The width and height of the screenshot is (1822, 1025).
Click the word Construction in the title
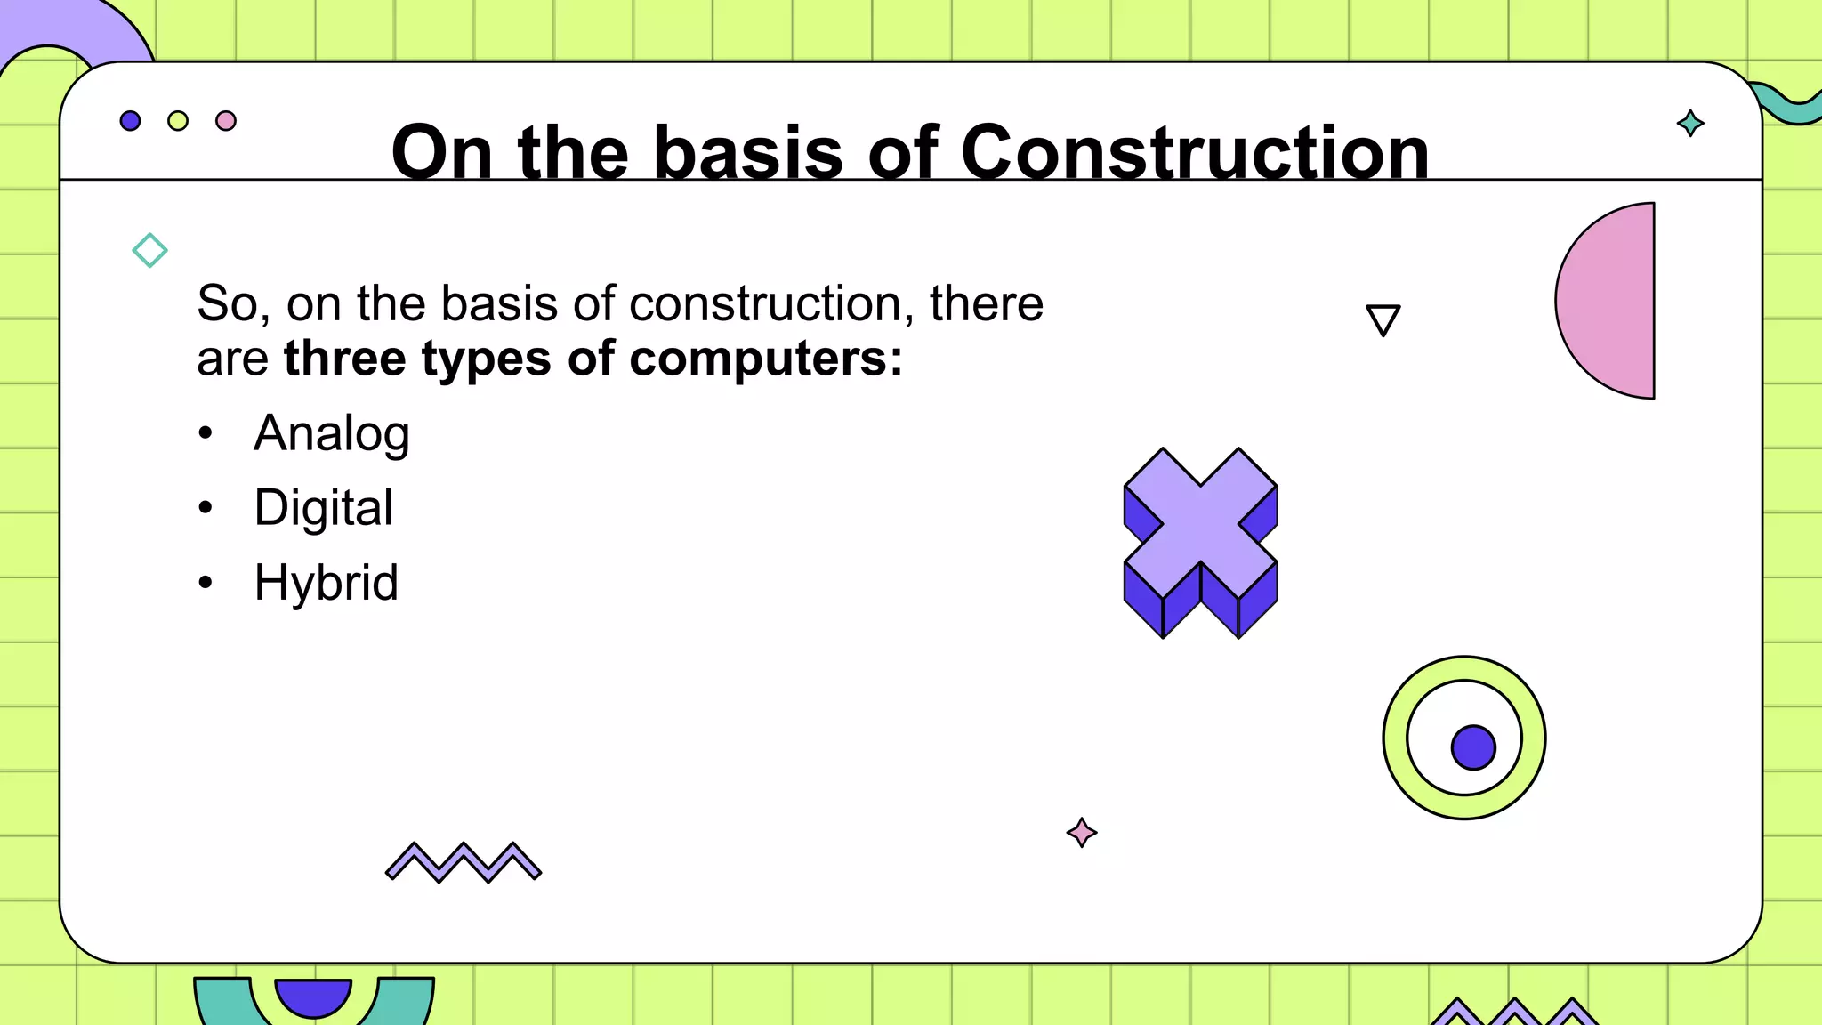point(1194,152)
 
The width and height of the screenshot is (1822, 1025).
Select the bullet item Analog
point(331,434)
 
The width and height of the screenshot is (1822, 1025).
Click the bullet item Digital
point(323,508)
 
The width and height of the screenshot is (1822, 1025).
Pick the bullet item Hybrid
point(326,583)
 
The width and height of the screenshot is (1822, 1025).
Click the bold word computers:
point(766,359)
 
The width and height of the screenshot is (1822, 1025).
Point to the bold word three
point(344,359)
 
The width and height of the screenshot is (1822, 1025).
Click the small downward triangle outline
point(1383,319)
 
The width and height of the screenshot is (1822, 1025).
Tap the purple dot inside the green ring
point(1473,747)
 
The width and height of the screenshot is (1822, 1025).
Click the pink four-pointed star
point(1082,833)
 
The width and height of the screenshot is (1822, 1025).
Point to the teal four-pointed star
point(1690,123)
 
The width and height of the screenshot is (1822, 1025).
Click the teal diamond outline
point(149,250)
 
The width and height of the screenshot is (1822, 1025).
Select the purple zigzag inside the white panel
point(464,861)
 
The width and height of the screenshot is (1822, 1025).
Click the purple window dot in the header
point(130,121)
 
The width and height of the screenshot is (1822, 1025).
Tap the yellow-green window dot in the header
point(178,121)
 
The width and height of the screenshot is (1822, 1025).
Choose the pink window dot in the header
point(226,121)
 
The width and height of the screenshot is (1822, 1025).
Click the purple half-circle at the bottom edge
point(313,995)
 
